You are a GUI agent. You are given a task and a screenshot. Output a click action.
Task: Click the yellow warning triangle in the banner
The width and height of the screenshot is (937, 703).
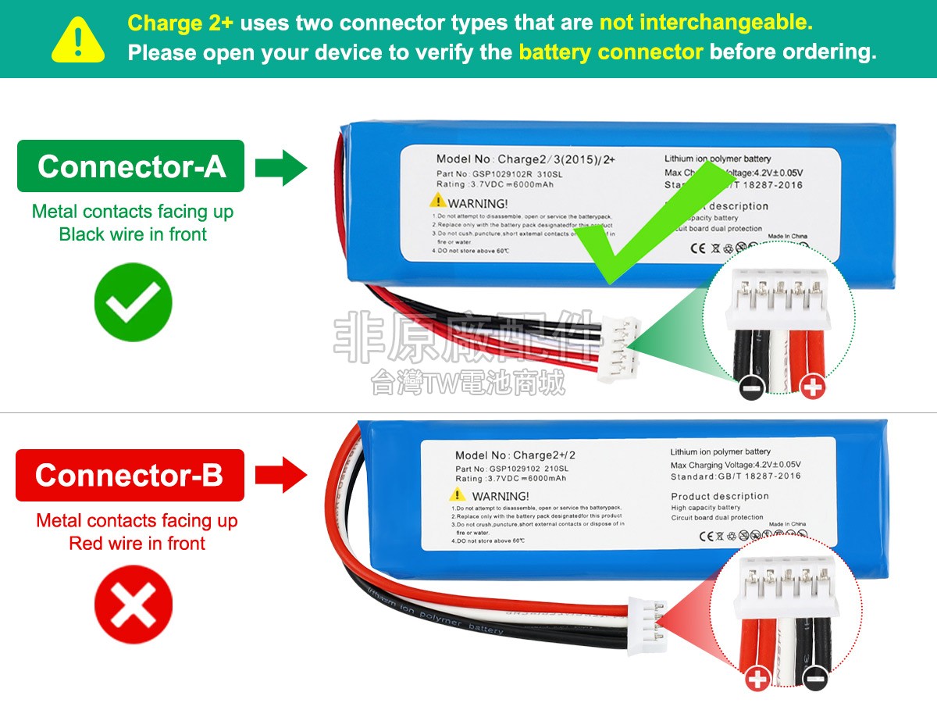coord(78,40)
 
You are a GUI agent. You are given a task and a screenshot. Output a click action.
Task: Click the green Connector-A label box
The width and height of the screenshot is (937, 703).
coord(131,166)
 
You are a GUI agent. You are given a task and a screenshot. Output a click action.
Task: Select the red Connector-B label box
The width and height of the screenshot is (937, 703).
coord(130,475)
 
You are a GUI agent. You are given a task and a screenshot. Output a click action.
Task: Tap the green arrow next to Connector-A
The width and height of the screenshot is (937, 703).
coord(281,166)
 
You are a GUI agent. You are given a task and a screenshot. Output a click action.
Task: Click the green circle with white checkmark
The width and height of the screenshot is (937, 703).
coord(133,302)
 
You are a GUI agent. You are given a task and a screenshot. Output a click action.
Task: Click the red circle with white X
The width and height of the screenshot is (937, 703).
coord(133,605)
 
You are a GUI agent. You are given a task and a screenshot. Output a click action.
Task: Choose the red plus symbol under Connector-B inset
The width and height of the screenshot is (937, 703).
coord(758,679)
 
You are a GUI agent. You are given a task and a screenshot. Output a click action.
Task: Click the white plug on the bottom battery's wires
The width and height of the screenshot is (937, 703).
coord(645,625)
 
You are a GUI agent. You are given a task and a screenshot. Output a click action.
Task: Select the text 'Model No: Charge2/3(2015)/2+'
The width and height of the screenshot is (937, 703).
coord(526,159)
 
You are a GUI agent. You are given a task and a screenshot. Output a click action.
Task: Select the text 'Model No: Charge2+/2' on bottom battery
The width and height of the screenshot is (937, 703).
coord(520,455)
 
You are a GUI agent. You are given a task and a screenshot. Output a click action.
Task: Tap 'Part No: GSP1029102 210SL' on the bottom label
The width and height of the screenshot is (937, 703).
coord(511,469)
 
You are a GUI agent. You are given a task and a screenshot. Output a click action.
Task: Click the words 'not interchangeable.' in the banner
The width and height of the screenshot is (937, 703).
coord(706,23)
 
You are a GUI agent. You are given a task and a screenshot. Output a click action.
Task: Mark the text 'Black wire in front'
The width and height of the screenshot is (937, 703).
coord(133,234)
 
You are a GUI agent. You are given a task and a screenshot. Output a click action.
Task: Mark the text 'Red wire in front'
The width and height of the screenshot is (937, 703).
coord(137,544)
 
